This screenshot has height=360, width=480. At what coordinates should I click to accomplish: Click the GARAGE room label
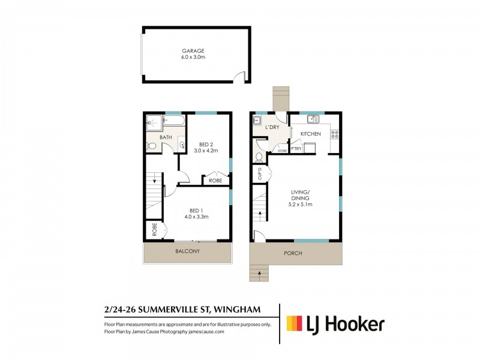point(194,51)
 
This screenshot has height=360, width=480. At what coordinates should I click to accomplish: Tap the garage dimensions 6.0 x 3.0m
point(194,58)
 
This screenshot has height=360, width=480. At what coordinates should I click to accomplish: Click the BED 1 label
point(196,210)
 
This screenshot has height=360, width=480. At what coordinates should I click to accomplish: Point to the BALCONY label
point(187,251)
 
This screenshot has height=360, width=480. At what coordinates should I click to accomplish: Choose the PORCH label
point(293,253)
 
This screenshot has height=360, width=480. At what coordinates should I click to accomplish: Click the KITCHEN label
point(311,134)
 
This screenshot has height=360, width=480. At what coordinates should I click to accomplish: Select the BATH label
point(166,138)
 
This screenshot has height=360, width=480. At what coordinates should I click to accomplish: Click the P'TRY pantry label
point(295,148)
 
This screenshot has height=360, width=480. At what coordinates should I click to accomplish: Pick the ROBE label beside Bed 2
point(215,180)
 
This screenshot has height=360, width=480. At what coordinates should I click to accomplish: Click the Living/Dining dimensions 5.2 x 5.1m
point(300,205)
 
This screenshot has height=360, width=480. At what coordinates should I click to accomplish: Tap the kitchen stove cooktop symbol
point(335,135)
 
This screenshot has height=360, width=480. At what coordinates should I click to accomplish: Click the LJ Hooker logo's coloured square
point(295,325)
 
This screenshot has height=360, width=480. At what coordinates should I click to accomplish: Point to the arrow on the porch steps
point(259,273)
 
